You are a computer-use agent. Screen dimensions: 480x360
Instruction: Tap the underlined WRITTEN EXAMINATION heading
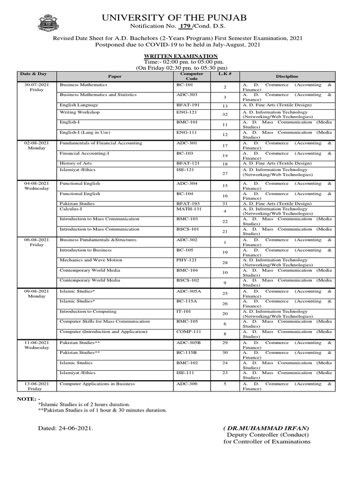click(180, 56)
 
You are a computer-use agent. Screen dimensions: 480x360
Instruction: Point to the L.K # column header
click(222, 74)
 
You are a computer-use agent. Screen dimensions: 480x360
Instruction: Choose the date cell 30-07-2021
click(36, 85)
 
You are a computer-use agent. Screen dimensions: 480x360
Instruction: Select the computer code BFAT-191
click(187, 105)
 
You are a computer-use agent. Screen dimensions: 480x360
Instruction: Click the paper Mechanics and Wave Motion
click(90, 260)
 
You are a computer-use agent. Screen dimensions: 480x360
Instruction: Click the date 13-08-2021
click(36, 384)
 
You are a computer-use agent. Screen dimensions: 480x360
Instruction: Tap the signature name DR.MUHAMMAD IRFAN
click(266, 428)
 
